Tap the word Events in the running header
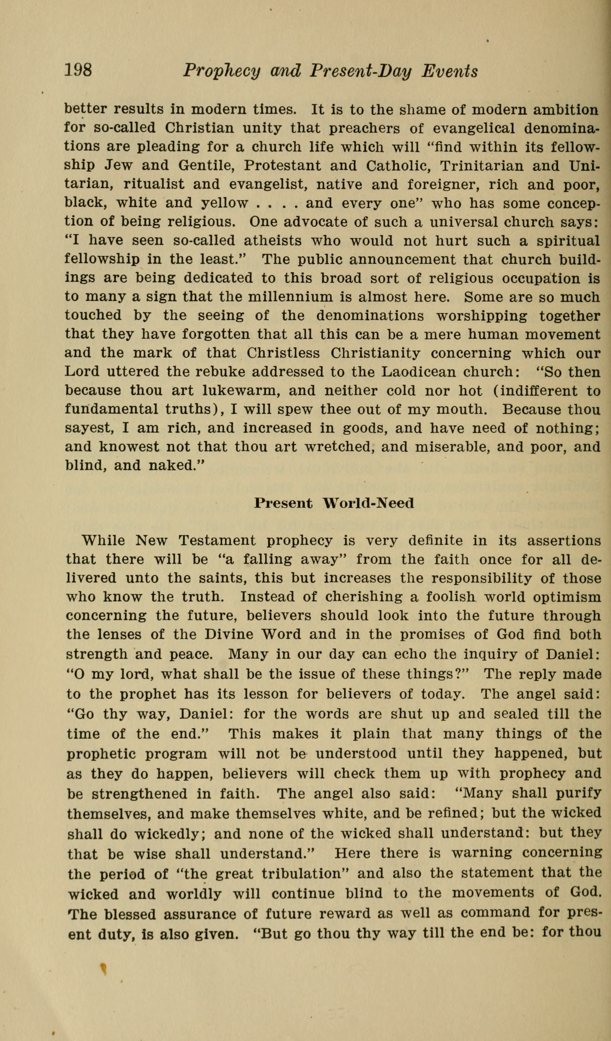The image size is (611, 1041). click(x=450, y=71)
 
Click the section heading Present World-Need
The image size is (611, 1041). click(x=334, y=503)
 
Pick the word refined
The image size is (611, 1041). click(x=453, y=813)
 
